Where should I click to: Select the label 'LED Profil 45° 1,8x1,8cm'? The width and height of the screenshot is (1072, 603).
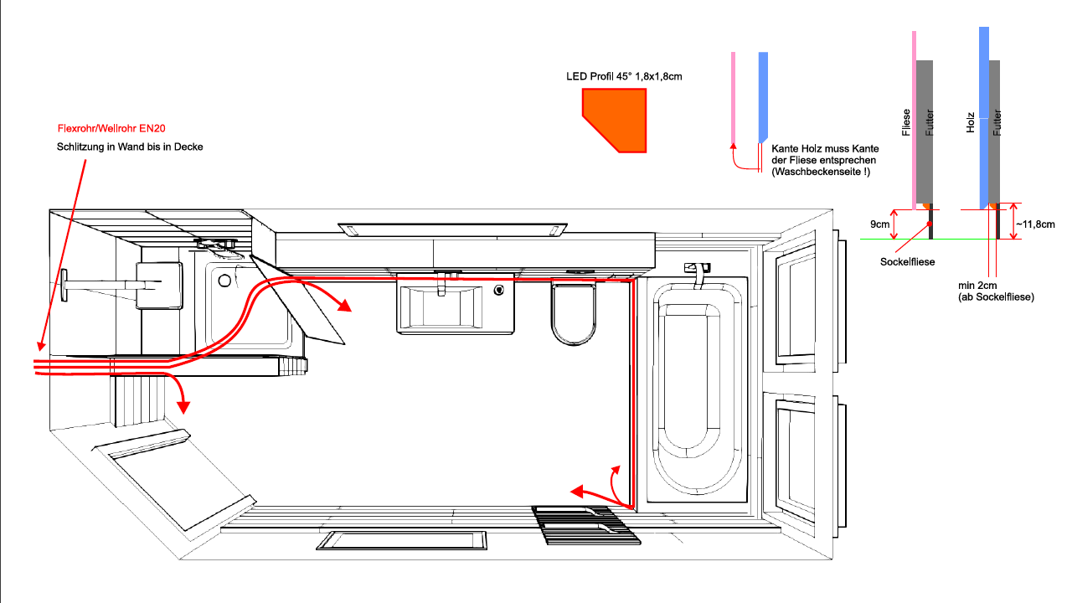(624, 76)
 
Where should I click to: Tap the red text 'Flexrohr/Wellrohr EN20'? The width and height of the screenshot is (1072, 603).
(111, 128)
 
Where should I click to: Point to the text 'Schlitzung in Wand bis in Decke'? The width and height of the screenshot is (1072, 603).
(130, 147)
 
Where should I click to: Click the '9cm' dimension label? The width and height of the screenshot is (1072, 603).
(879, 224)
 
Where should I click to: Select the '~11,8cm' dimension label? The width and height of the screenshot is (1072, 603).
(1036, 224)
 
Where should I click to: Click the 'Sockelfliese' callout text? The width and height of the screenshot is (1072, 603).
(907, 262)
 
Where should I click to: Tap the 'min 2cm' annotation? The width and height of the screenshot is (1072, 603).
(977, 286)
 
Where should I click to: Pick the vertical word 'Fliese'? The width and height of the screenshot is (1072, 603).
(906, 122)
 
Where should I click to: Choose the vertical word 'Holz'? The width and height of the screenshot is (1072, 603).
(970, 122)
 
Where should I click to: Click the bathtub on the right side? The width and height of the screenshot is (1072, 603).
(696, 390)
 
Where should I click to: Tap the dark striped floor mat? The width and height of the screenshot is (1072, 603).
(587, 525)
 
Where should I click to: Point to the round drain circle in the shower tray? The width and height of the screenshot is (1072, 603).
(224, 281)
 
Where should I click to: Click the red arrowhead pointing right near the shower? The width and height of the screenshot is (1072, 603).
(344, 305)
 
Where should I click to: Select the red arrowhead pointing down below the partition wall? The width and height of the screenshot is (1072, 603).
(183, 407)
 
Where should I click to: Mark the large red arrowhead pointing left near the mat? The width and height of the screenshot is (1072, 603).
(577, 492)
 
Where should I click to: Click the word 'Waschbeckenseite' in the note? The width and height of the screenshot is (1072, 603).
(817, 172)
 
